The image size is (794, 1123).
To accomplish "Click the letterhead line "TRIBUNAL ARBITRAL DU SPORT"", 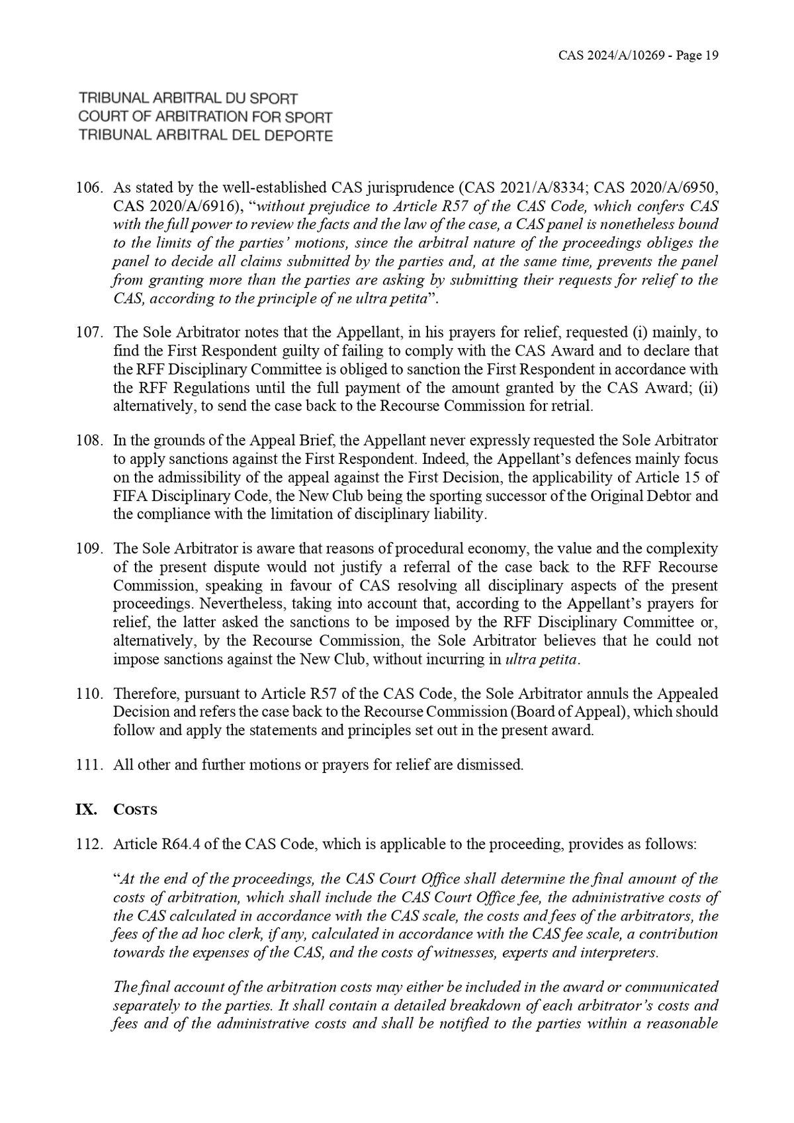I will [189, 99].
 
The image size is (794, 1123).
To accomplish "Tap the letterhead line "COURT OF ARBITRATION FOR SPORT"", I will [205, 117].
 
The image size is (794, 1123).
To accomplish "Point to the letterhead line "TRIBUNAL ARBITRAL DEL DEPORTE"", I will [205, 136].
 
